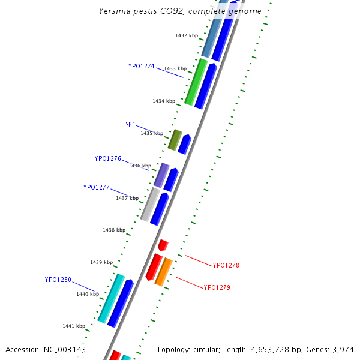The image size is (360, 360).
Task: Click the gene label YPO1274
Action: point(141,66)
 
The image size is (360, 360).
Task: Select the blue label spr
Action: point(130,124)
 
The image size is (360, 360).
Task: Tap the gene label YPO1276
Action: point(107,159)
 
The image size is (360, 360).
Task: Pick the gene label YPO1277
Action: point(96,187)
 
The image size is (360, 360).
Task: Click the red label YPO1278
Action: point(226,265)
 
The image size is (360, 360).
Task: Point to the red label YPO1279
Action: point(217,288)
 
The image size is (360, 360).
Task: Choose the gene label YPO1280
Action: point(58,280)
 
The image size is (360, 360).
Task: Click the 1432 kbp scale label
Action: point(186,36)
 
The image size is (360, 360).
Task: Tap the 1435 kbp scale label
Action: point(151,133)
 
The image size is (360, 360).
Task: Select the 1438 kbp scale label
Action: point(113,230)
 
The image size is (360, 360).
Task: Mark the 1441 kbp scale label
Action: point(73,326)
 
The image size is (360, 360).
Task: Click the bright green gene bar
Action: point(196,82)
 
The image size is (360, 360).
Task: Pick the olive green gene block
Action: point(175,140)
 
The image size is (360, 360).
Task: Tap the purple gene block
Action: point(161,175)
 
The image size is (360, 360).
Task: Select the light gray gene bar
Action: point(150,204)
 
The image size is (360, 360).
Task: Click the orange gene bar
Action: point(163,272)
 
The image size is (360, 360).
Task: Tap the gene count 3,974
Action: point(344,350)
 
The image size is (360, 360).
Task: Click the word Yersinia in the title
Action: point(114,11)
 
